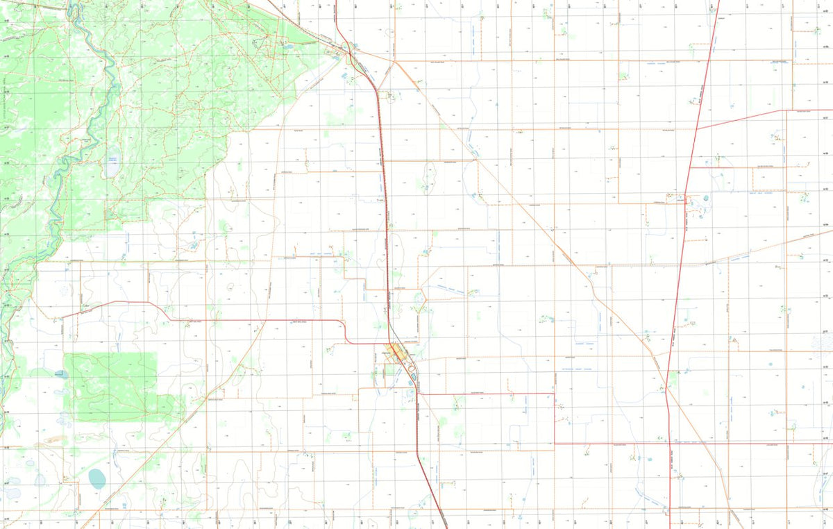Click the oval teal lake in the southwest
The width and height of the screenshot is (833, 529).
click(x=97, y=478)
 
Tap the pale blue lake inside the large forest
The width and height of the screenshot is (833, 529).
click(x=112, y=165)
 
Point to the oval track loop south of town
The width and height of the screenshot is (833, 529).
click(x=414, y=379)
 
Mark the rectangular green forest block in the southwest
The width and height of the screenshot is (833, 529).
click(x=111, y=385)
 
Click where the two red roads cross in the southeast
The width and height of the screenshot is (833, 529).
click(x=669, y=443)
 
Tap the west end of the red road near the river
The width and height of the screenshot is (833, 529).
click(x=62, y=317)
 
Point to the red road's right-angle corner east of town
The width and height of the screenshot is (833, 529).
click(x=554, y=394)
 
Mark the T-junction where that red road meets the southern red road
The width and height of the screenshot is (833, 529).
click(x=554, y=443)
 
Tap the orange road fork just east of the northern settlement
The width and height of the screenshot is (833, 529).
click(x=394, y=61)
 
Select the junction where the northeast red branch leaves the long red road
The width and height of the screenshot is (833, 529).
click(x=697, y=129)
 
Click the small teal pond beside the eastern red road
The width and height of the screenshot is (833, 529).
click(x=705, y=198)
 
